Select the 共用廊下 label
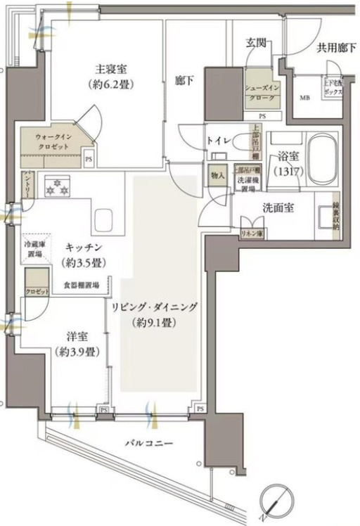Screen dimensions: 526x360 tap(334, 49)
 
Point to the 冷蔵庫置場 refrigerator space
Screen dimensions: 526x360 tap(34, 249)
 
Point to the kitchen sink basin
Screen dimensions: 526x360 tap(104, 215)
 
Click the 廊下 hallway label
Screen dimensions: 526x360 tap(184, 82)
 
